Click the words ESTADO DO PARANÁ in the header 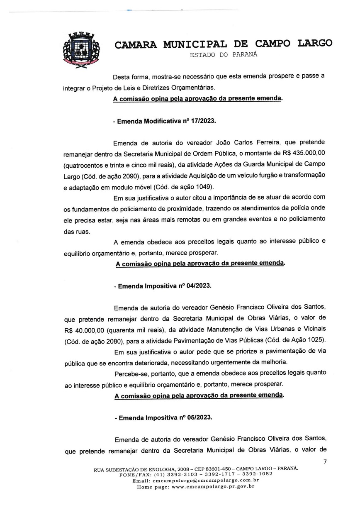[x=223, y=55]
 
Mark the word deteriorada [x=163, y=362]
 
